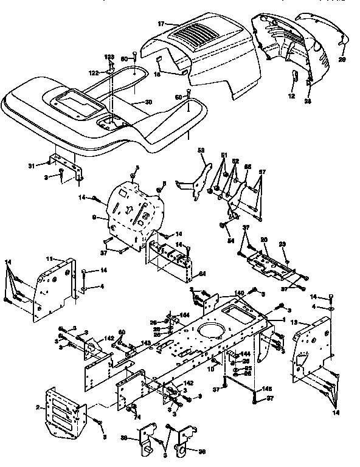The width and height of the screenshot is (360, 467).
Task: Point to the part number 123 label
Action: (x=109, y=57)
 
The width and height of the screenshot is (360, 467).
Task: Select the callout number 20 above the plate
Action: (x=264, y=240)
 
